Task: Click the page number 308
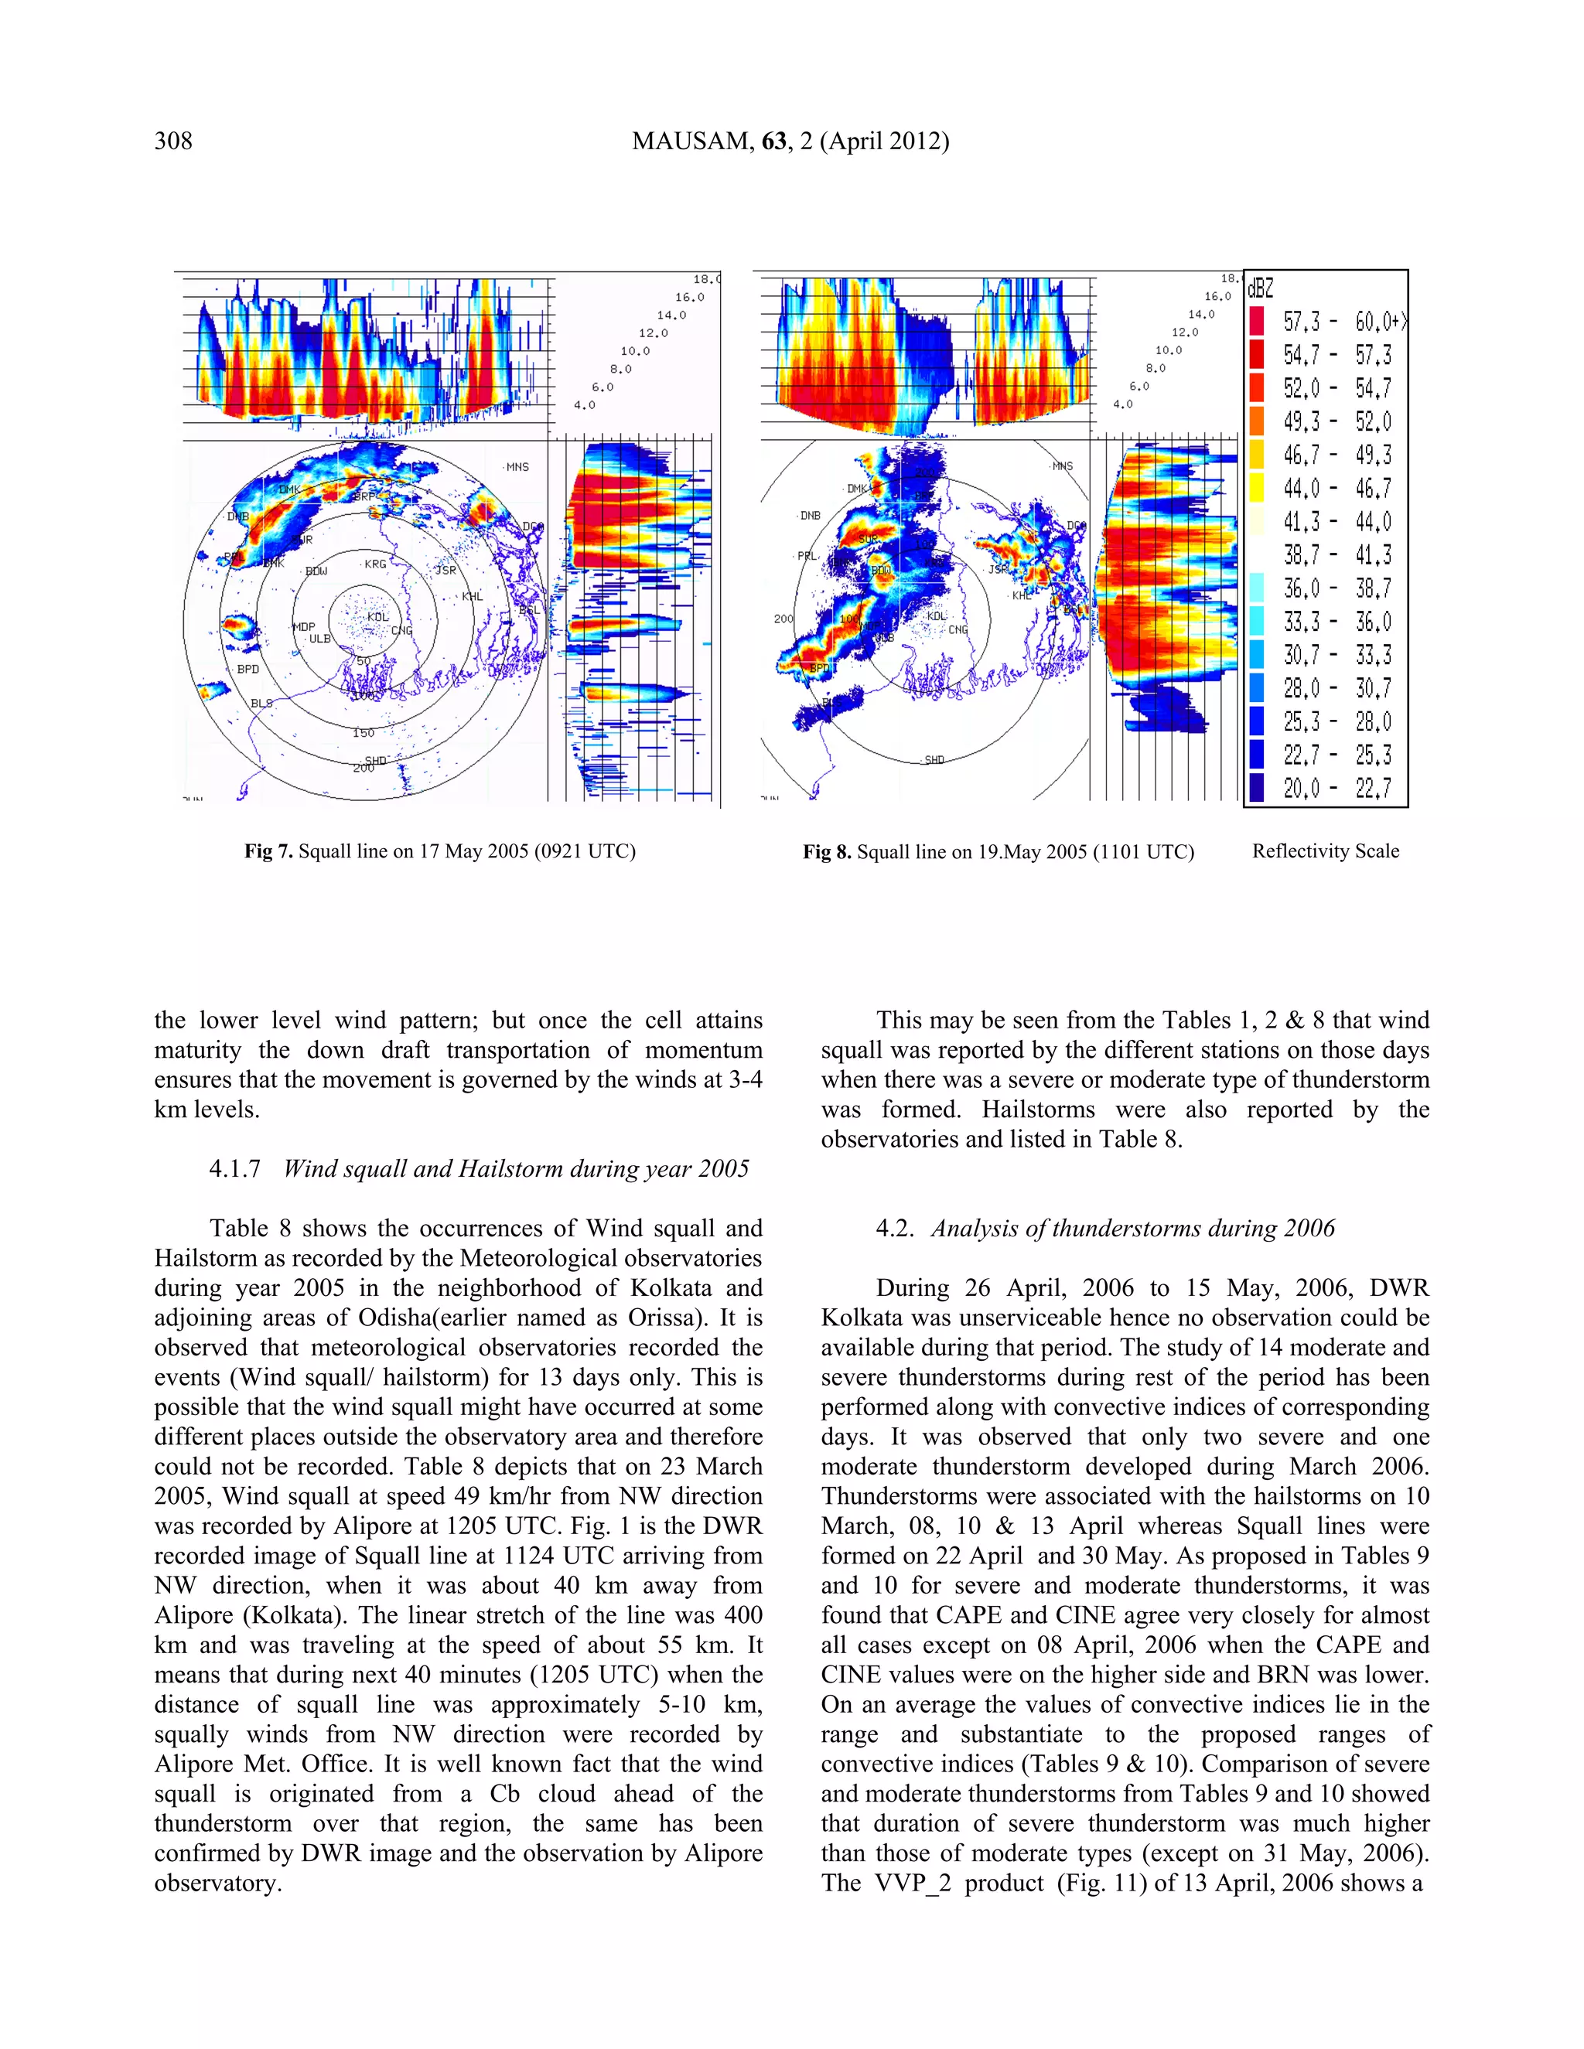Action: pos(173,141)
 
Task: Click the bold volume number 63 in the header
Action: pos(774,141)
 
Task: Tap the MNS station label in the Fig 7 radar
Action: pos(517,467)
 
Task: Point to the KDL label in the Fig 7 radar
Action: pos(377,617)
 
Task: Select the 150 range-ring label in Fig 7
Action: pos(364,733)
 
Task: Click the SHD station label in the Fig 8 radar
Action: pos(934,760)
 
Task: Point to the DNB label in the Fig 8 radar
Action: pos(810,516)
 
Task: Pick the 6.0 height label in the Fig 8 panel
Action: pos(1139,387)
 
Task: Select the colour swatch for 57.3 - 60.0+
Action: pos(1258,322)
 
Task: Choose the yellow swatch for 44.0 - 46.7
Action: pos(1258,488)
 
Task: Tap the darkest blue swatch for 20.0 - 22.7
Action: pos(1258,787)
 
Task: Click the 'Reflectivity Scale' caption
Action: pos(1325,852)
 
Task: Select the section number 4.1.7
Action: pos(234,1169)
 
